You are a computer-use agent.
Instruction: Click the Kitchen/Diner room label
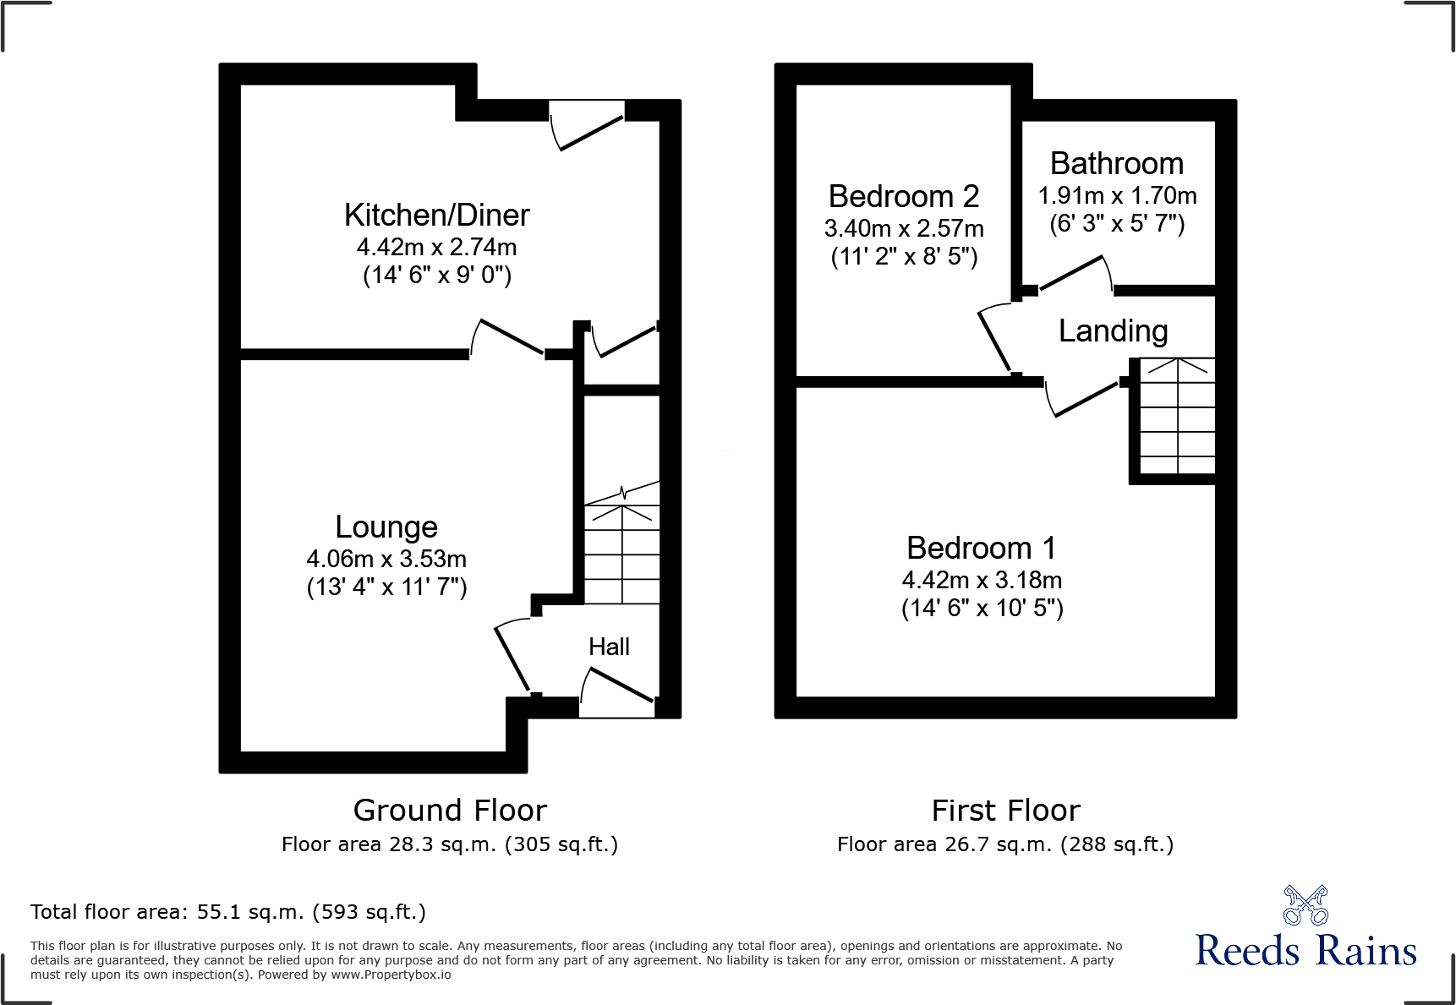coord(436,216)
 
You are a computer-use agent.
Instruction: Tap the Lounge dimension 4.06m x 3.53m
coord(386,559)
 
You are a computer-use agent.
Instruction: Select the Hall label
coord(609,647)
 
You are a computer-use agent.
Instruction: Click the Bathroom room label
coord(1116,163)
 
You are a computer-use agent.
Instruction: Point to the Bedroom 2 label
coord(903,196)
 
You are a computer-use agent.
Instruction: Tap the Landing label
coord(1113,330)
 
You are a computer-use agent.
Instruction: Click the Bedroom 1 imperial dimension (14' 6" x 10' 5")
coord(982,608)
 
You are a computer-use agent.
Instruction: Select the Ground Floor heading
coord(450,810)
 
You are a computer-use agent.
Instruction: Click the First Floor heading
coord(1005,810)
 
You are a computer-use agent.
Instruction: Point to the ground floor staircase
coord(622,549)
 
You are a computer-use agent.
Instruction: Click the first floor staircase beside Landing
coord(1177,416)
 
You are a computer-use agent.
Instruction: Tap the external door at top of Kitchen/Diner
coord(588,127)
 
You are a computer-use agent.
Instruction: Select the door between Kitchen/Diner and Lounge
coord(507,338)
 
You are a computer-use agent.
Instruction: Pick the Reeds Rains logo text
coord(1305,951)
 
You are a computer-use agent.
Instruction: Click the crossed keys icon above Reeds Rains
coord(1305,904)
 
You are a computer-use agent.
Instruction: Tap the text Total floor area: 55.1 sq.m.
coord(227,912)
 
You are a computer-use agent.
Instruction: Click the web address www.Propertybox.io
coord(391,975)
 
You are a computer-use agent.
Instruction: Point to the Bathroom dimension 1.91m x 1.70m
coord(1116,195)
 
